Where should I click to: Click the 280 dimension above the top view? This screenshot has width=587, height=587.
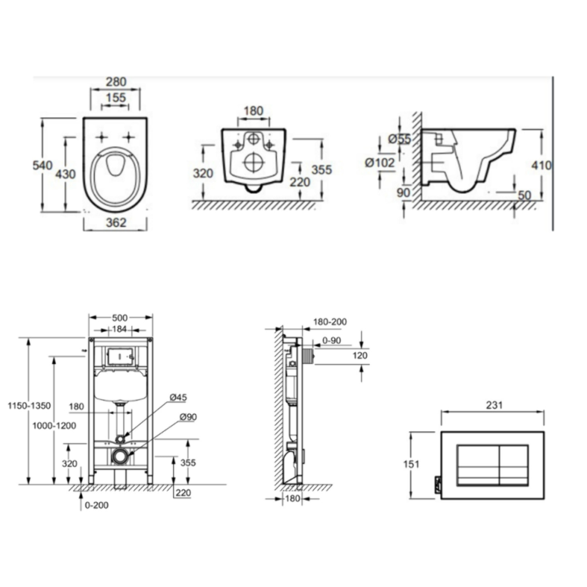point(116,82)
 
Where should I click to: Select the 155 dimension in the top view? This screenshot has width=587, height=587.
point(116,97)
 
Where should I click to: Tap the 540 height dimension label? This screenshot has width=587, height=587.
point(42,165)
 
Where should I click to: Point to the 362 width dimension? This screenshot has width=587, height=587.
point(116,222)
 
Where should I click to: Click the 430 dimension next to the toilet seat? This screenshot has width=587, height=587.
point(65,174)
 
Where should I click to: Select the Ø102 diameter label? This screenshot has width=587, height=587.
point(380,163)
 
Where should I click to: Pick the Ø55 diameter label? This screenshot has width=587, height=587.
point(399,139)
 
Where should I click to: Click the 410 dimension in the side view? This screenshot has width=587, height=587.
point(541,165)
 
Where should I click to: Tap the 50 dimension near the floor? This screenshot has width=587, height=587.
point(524,195)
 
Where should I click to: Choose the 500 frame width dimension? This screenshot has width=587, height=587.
point(120,318)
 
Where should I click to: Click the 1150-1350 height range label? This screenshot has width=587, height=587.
point(29,406)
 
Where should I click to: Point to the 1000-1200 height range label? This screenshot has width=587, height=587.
point(54,425)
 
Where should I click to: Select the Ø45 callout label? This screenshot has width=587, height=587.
point(178,397)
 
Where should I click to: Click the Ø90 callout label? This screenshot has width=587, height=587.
point(188,417)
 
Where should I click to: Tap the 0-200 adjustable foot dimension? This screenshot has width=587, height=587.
point(96,505)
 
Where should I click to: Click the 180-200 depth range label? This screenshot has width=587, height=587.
point(330,322)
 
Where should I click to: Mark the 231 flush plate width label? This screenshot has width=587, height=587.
point(494,405)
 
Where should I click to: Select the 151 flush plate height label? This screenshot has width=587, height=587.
point(411,464)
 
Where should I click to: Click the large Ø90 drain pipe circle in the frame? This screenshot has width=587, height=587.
point(120,456)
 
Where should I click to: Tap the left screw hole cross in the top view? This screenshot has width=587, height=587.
point(102,137)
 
